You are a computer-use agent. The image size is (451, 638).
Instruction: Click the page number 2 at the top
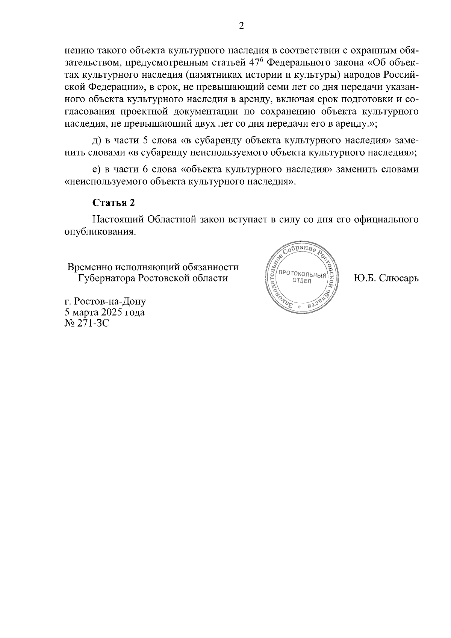click(x=242, y=26)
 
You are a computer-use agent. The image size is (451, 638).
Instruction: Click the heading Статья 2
click(x=114, y=203)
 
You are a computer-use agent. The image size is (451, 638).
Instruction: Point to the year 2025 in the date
click(x=111, y=312)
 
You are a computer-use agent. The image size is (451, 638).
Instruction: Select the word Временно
click(x=90, y=267)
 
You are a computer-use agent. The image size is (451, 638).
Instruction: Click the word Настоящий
click(x=117, y=219)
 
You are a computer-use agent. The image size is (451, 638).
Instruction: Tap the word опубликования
click(x=100, y=231)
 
